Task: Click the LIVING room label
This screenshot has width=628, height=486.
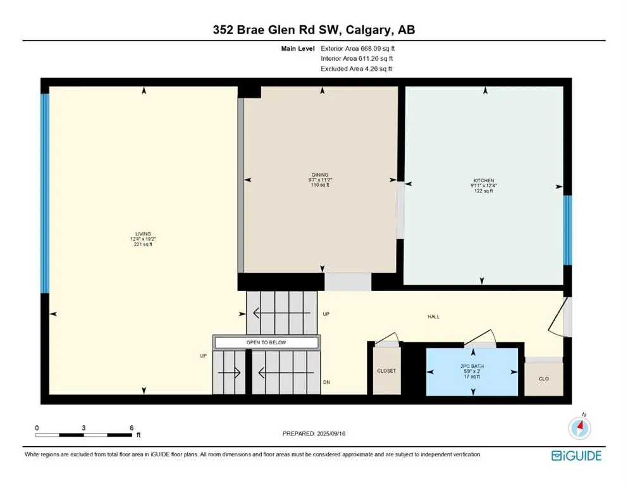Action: (142, 234)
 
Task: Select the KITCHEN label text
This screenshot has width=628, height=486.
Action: (483, 180)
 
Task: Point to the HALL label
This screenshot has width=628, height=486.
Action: (433, 317)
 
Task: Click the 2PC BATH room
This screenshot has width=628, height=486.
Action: (473, 371)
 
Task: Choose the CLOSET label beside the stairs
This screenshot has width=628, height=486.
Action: (386, 371)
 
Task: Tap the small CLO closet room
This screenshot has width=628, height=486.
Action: (543, 380)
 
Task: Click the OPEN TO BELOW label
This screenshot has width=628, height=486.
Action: (266, 342)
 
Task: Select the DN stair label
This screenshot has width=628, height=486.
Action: (326, 382)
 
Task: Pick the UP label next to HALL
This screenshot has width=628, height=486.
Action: (326, 314)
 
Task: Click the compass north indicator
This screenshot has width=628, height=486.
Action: (579, 428)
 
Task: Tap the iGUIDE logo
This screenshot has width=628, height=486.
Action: (576, 456)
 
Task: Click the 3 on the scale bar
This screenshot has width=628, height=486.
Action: (83, 428)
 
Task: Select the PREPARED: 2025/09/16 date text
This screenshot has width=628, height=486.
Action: (314, 433)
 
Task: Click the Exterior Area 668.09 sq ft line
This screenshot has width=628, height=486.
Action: (358, 48)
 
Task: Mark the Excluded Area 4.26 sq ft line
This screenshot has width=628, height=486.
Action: (357, 68)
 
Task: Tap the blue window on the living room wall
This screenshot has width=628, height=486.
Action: (45, 193)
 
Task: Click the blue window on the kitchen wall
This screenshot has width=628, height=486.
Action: (567, 230)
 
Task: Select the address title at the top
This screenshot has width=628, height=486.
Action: (314, 30)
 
